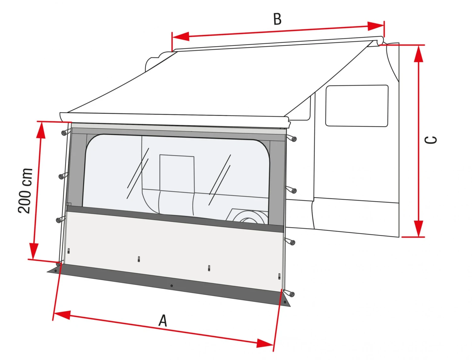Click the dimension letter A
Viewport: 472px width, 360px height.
click(x=163, y=321)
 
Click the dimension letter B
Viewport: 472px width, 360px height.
click(x=277, y=19)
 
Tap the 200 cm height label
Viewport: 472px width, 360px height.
click(x=25, y=191)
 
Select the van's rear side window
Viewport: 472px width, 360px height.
click(x=357, y=106)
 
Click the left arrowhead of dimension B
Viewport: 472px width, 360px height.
click(x=181, y=36)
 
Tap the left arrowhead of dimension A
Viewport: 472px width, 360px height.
click(x=62, y=315)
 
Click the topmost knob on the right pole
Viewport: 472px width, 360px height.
click(x=294, y=138)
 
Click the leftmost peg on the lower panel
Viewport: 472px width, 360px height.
click(x=69, y=251)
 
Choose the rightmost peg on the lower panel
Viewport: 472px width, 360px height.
click(x=279, y=276)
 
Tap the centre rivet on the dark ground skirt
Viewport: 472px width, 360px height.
click(x=171, y=286)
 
